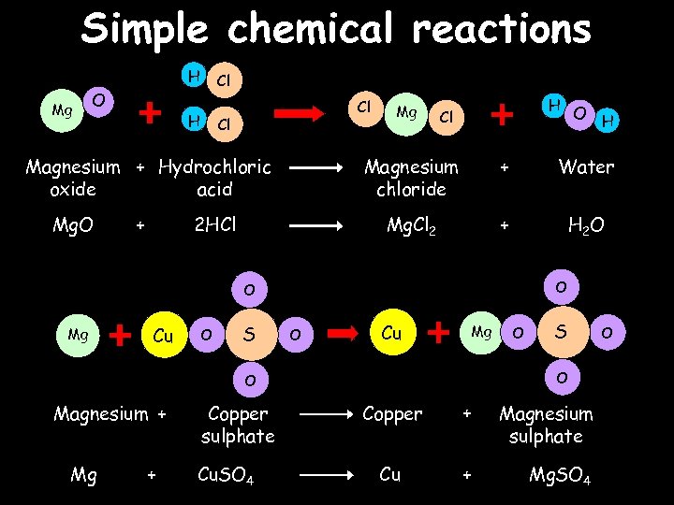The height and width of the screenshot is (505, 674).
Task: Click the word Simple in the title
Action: coord(145,29)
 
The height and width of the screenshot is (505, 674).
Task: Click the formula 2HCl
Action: coord(214,224)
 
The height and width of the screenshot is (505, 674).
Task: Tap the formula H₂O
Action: coord(587,225)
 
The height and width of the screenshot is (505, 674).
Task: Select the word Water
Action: coord(586,167)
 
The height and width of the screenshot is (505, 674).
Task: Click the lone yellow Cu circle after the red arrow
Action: coord(391,333)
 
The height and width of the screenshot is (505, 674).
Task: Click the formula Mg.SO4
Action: coord(559,475)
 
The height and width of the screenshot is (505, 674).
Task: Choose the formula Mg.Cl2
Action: coord(411,225)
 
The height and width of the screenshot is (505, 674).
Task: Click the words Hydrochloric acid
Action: coord(214,178)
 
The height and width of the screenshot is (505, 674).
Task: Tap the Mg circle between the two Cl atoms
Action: coord(406,113)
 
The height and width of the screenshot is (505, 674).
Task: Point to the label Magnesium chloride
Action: coord(411,178)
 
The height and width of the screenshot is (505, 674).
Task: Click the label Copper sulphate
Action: coord(238,425)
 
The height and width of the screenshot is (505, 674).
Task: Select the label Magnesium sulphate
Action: coord(546,425)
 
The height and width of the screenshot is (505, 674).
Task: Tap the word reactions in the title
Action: coord(502,29)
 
